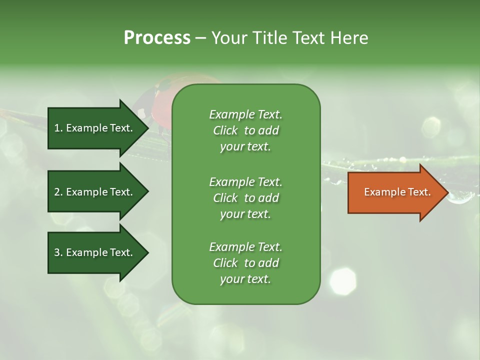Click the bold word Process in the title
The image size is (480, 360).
pos(157,38)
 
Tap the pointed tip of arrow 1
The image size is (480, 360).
pos(147,128)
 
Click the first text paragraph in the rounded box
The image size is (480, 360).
pos(245,130)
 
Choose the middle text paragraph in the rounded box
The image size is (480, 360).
pos(245,198)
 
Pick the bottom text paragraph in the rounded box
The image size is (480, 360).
pos(245,263)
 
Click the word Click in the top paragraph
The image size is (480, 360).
pos(225,130)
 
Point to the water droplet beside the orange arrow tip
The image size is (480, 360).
pos(459,198)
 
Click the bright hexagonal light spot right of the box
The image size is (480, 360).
pos(343,280)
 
